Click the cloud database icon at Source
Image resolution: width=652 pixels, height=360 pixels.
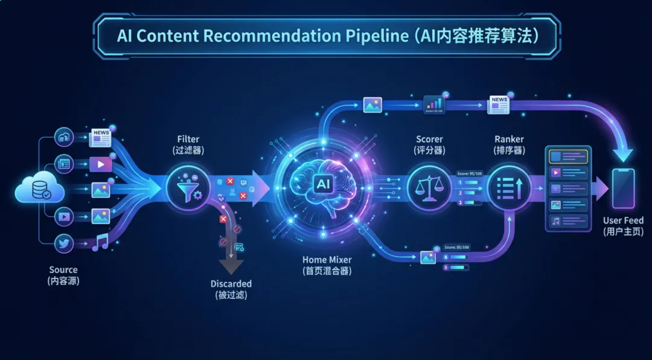pyautogui.click(x=39, y=188)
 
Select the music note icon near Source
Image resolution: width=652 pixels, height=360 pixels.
pyautogui.click(x=100, y=242)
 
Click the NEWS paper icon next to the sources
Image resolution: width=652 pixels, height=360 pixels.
pyautogui.click(x=101, y=138)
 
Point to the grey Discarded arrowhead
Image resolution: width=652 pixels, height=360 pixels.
pyautogui.click(x=231, y=266)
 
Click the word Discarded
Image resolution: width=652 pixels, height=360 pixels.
pyautogui.click(x=231, y=284)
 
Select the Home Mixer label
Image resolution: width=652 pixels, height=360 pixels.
pyautogui.click(x=327, y=260)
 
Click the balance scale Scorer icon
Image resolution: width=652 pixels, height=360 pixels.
pyautogui.click(x=429, y=188)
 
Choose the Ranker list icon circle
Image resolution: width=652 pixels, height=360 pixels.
pyautogui.click(x=509, y=188)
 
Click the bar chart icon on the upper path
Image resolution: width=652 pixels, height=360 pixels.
pyautogui.click(x=433, y=104)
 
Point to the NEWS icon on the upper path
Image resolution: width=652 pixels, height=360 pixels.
pyautogui.click(x=499, y=104)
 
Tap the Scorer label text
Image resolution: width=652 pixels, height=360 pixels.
pyautogui.click(x=429, y=140)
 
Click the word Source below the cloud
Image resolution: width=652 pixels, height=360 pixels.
pyautogui.click(x=63, y=269)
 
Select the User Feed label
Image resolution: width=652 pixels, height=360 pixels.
pyautogui.click(x=624, y=220)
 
